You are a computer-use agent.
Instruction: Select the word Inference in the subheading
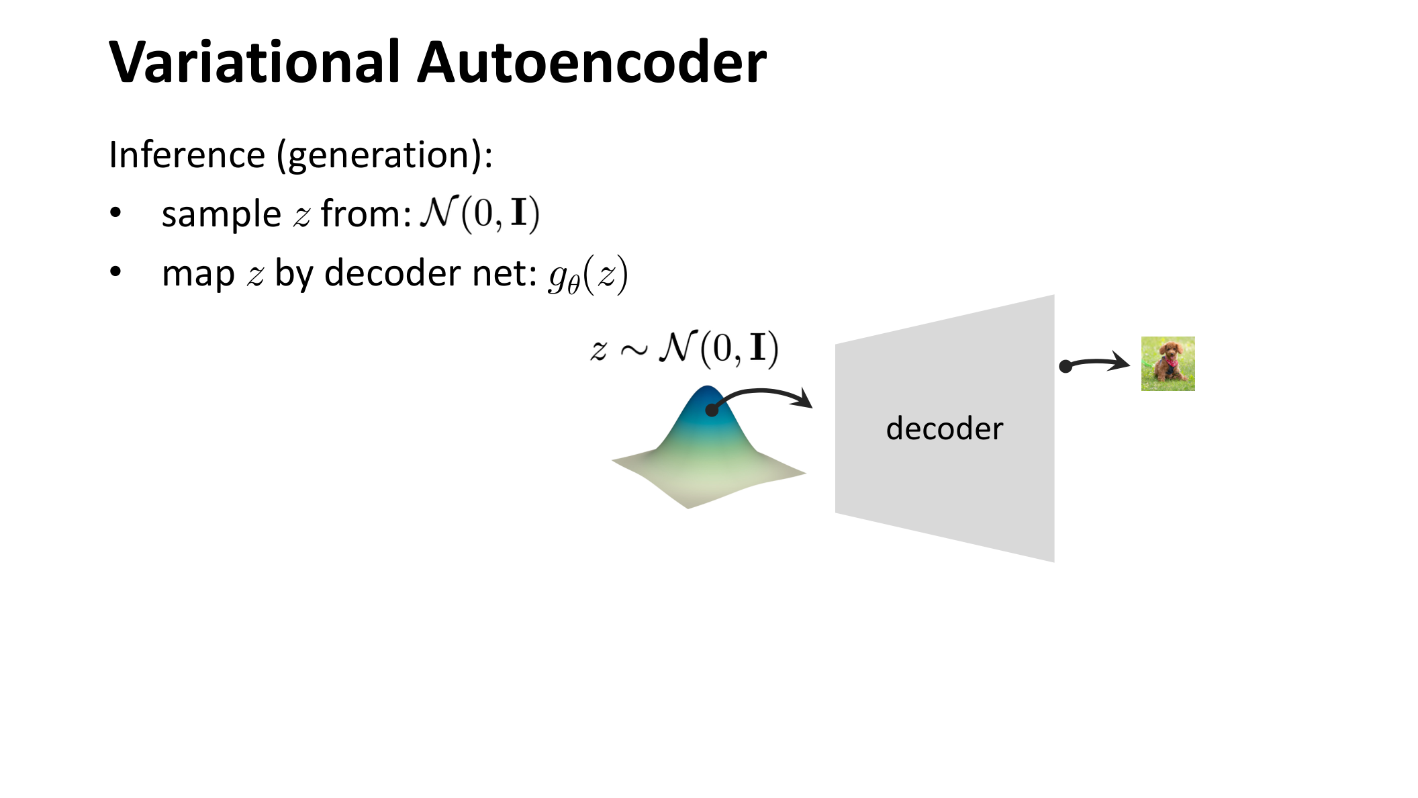click(187, 154)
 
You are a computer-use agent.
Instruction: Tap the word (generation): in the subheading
click(385, 156)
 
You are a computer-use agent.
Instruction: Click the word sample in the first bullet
click(221, 215)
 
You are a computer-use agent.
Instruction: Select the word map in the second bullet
click(198, 274)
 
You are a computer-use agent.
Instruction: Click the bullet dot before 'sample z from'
click(115, 213)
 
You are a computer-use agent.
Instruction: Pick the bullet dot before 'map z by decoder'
click(115, 272)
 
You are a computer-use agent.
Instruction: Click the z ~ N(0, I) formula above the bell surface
click(684, 348)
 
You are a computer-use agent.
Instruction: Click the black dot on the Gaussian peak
click(712, 410)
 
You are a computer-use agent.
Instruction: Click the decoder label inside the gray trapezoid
click(944, 429)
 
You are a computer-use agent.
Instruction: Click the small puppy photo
click(1168, 363)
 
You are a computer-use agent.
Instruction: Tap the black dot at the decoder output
click(1066, 366)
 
